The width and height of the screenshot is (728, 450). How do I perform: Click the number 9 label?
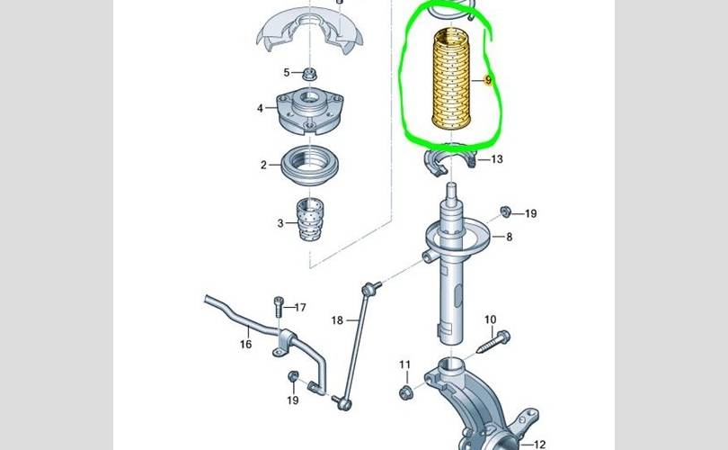[x=488, y=80]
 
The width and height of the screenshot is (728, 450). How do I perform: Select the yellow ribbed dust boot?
[x=451, y=79]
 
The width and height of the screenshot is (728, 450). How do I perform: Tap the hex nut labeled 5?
[x=307, y=73]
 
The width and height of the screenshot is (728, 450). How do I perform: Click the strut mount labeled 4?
[x=310, y=111]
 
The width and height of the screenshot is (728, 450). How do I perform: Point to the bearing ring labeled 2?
[x=310, y=166]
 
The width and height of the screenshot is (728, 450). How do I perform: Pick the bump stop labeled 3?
[x=310, y=220]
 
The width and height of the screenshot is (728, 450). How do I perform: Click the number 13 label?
[x=497, y=159]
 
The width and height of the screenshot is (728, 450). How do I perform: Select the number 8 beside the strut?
[x=510, y=237]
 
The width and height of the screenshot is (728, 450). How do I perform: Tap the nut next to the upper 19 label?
[x=506, y=211]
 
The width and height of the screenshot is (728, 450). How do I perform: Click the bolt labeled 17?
[x=279, y=307]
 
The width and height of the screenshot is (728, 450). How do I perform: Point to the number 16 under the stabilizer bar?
[x=246, y=344]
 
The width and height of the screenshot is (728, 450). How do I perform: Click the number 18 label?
[x=338, y=319]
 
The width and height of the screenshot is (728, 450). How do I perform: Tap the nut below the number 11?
[x=404, y=392]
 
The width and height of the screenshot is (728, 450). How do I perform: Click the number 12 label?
[x=538, y=445]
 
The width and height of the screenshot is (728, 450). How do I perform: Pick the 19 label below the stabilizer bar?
[x=292, y=400]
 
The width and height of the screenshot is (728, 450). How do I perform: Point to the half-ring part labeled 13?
[x=449, y=161]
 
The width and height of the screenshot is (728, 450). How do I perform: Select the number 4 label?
[x=260, y=108]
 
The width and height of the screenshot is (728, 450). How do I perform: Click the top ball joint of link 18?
[x=369, y=289]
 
